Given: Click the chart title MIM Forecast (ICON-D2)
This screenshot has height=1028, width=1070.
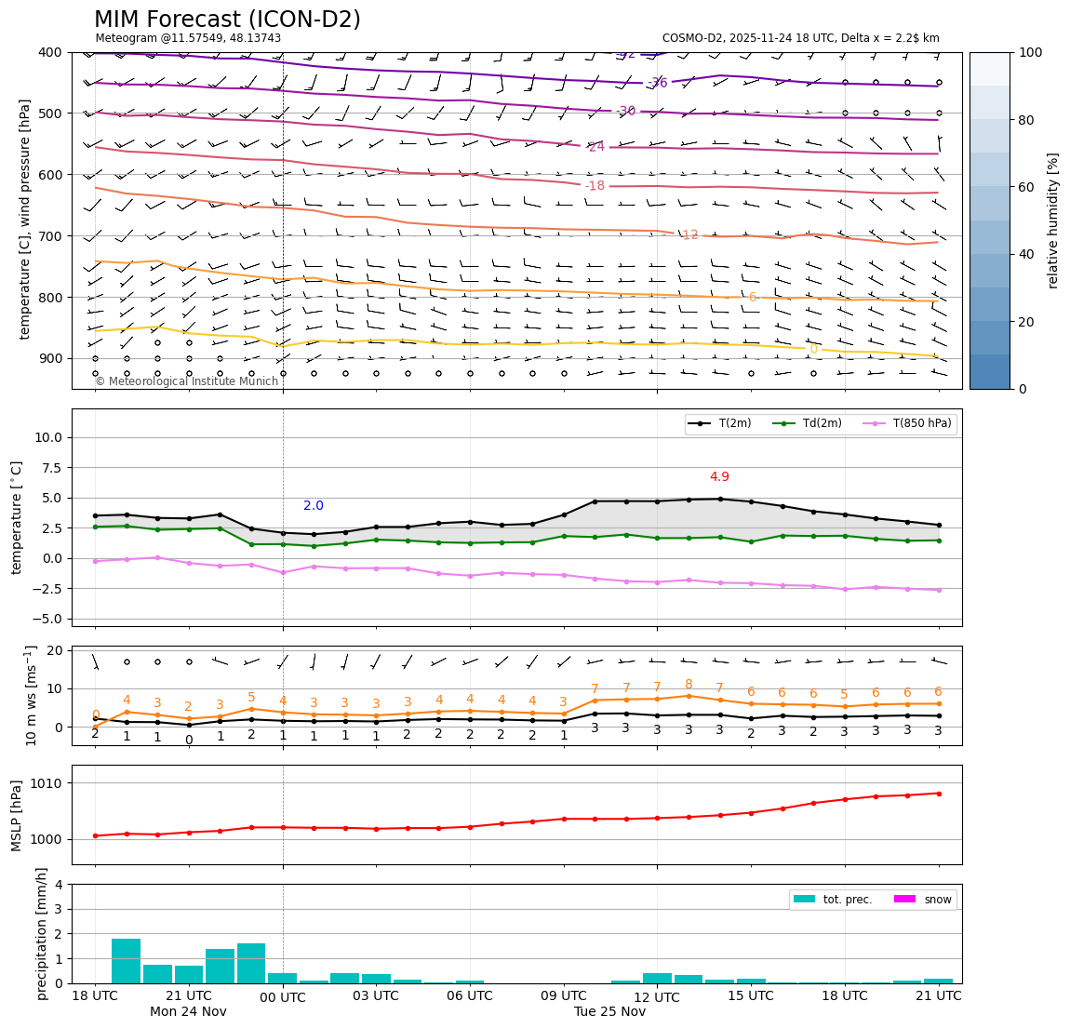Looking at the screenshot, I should click(x=227, y=20).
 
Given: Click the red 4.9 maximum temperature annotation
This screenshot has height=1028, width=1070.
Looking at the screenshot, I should click(x=719, y=477).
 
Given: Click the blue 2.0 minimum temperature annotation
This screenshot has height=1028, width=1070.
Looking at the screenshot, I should click(x=314, y=506).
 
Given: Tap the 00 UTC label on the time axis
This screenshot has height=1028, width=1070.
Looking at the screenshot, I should click(x=283, y=996).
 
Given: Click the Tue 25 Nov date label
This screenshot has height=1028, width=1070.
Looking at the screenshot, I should click(x=609, y=1012).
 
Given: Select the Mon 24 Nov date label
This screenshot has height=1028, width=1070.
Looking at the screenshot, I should click(x=188, y=1012).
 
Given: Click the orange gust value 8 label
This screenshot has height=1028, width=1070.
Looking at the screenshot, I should click(x=689, y=685).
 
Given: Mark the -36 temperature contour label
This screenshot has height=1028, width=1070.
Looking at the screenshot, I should click(x=657, y=83).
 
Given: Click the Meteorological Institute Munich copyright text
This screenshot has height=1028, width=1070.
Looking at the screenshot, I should click(x=186, y=381).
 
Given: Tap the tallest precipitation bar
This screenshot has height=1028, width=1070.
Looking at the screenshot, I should click(x=126, y=961).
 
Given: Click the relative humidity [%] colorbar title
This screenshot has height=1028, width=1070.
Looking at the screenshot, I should click(x=1053, y=220).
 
